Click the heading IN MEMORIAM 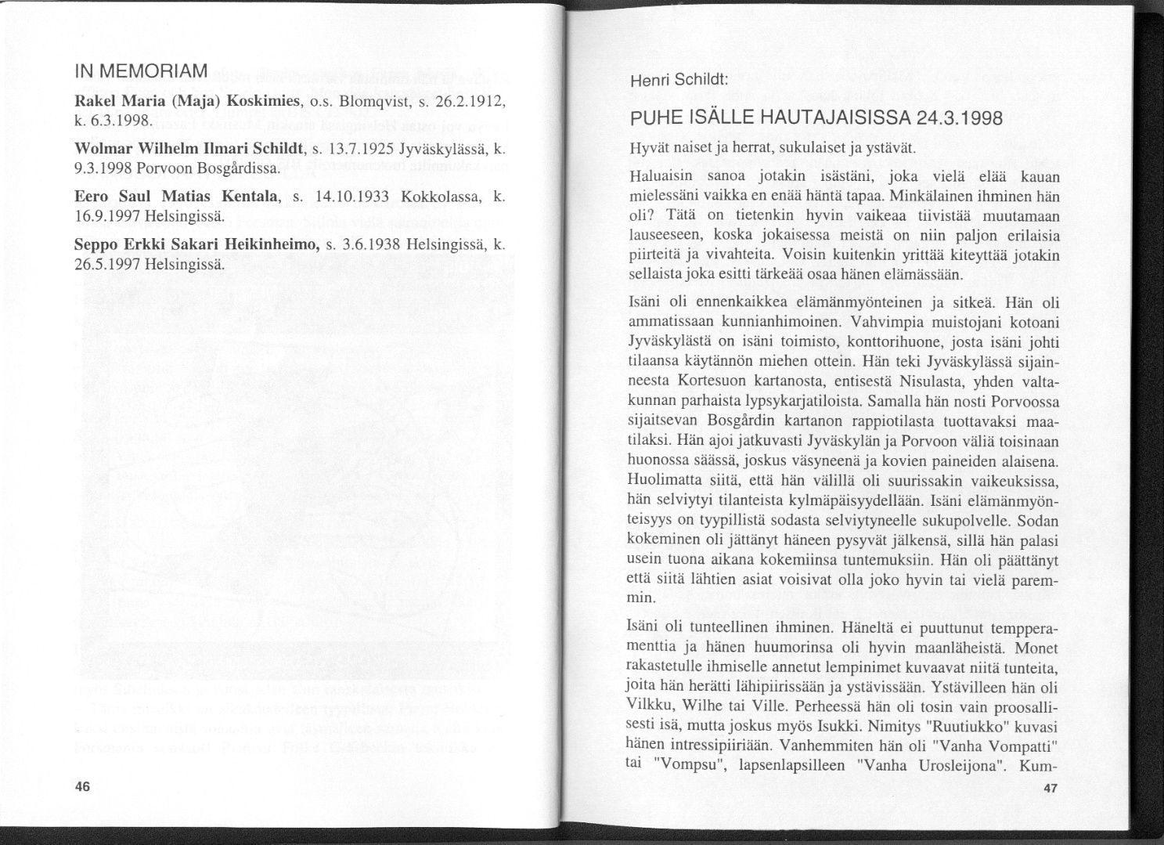tap(140, 70)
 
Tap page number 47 tap(1051, 789)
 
